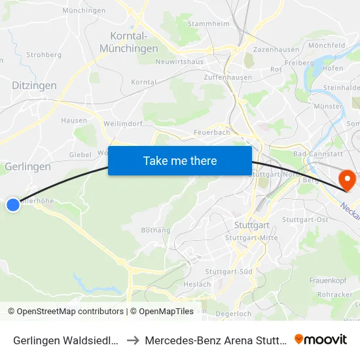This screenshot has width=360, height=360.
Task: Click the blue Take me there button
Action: click(x=180, y=160)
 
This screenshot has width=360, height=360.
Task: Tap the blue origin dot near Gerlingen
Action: click(x=13, y=205)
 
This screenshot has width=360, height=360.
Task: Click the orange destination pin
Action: click(x=344, y=179)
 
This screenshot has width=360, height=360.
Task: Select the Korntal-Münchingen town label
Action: click(x=129, y=42)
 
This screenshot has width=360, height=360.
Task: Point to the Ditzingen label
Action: click(x=34, y=85)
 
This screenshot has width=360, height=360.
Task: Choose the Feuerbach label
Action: click(x=211, y=132)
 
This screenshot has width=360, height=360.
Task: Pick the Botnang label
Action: click(x=156, y=230)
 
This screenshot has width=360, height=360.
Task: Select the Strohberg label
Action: click(x=44, y=55)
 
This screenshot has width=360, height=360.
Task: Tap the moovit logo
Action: click(x=321, y=339)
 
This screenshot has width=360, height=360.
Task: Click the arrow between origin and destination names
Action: click(x=132, y=340)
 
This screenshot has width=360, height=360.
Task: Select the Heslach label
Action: click(x=197, y=284)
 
